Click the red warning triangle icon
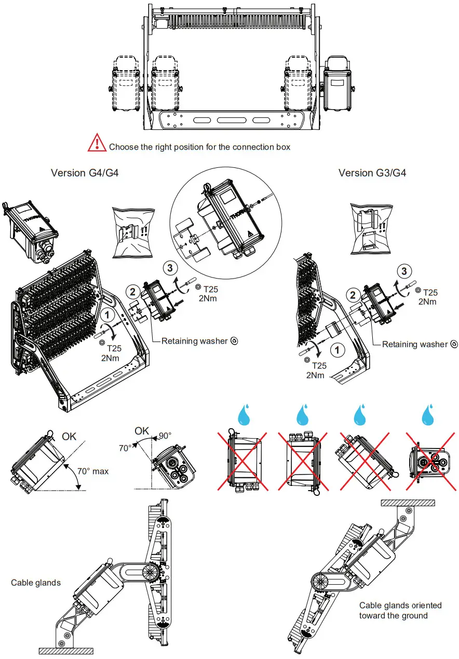coord(96,142)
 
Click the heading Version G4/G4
coord(85,173)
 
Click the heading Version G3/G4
coord(372,173)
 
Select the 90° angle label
coord(166,436)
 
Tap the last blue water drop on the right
coord(428,415)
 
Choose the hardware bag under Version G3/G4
coord(371,228)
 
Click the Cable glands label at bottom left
coord(36,583)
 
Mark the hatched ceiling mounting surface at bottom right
coord(408,503)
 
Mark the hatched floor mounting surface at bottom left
coord(65,651)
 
